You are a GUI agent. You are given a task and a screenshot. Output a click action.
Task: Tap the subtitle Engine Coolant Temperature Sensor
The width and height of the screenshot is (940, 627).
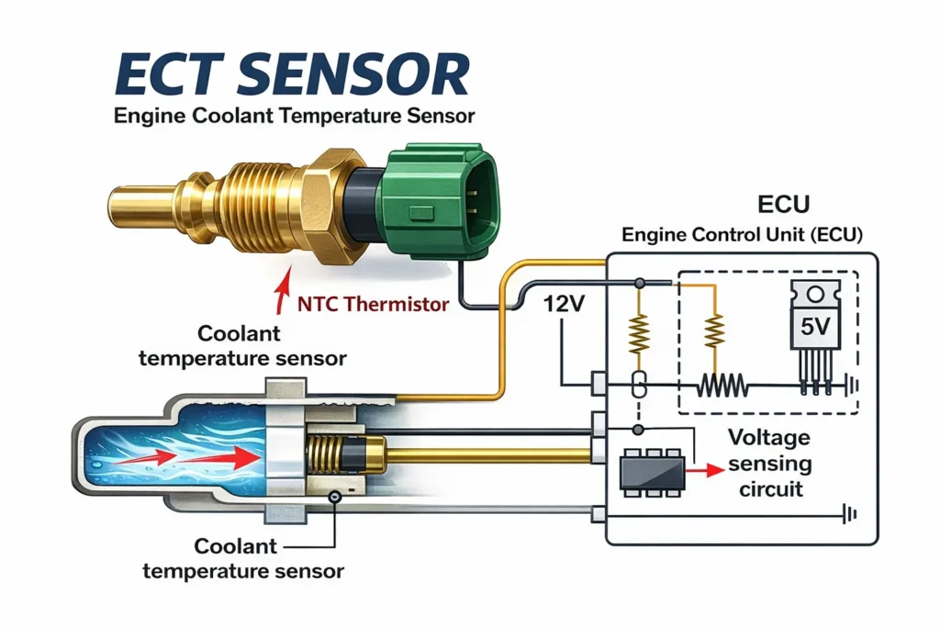pyautogui.click(x=294, y=117)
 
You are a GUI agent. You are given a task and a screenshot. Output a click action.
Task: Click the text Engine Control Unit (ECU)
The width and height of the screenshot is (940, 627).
pyautogui.click(x=742, y=236)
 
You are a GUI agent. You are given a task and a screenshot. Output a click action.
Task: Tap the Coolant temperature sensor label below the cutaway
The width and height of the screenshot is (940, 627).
pyautogui.click(x=242, y=558)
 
